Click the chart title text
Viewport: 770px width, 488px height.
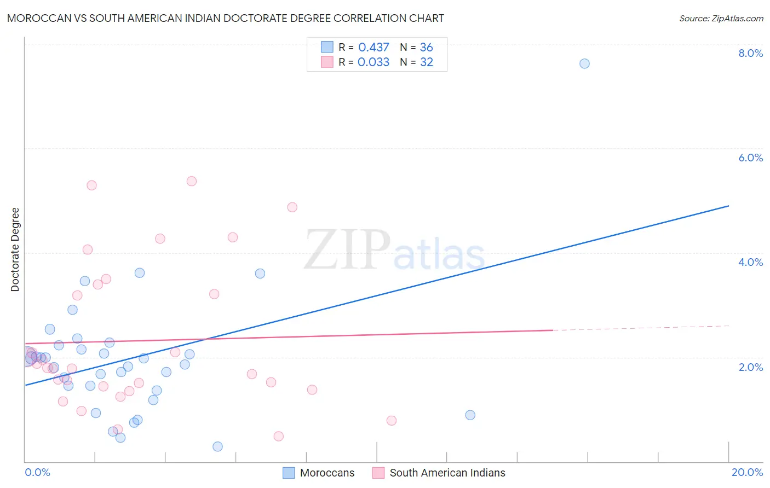(226, 18)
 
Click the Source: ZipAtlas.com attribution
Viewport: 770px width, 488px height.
(721, 18)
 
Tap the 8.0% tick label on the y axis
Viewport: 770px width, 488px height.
(750, 53)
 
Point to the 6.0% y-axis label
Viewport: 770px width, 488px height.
(750, 158)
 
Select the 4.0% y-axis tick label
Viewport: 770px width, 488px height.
(750, 262)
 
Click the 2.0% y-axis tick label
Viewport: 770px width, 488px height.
(750, 367)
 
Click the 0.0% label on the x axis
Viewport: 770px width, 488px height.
(37, 472)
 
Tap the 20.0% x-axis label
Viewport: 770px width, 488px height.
(747, 472)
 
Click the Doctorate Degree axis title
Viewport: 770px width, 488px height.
(15, 249)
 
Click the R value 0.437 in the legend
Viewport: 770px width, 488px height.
(373, 48)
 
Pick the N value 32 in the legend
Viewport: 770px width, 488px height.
(427, 62)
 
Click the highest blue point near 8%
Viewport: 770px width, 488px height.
(584, 63)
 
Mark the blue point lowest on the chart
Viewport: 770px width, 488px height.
(217, 446)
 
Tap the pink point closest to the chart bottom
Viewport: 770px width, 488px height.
(278, 436)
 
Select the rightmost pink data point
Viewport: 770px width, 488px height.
(391, 420)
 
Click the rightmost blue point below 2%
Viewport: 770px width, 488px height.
(470, 415)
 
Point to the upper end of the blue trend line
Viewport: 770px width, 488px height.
(728, 206)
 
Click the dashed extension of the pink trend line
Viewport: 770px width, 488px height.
(641, 328)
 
